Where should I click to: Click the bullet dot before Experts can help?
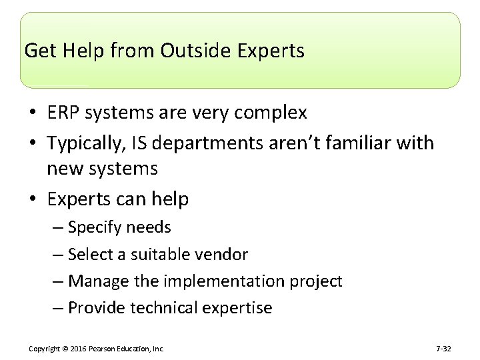[35, 199]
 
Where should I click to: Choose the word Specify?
[93, 227]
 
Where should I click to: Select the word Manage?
[95, 281]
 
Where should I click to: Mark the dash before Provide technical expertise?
[57, 308]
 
